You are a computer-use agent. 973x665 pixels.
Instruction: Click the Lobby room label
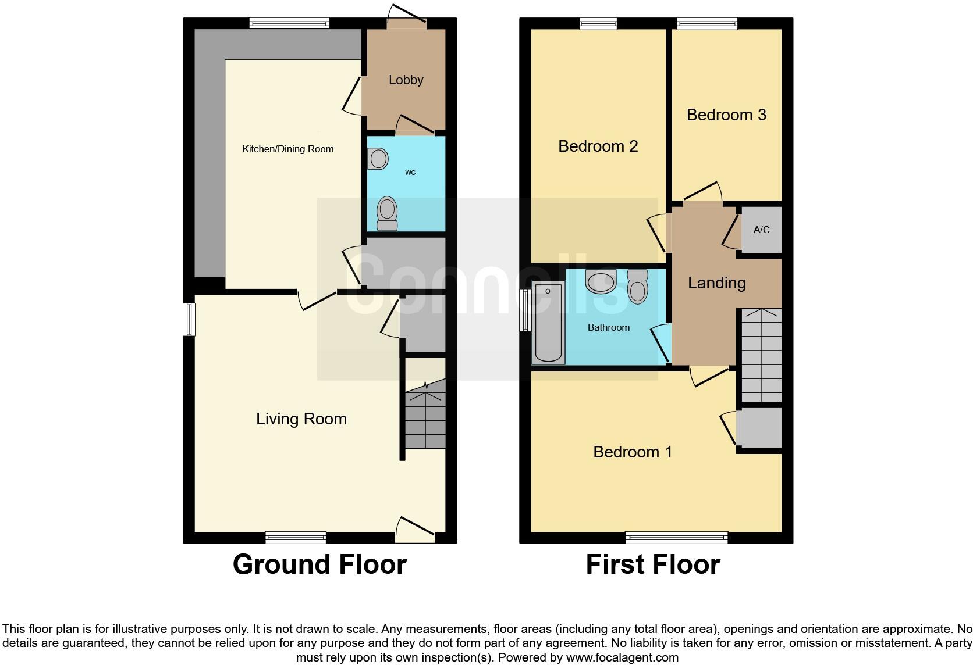[406, 80]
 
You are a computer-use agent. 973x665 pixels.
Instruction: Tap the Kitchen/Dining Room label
[288, 149]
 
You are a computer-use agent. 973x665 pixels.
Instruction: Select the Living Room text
[301, 419]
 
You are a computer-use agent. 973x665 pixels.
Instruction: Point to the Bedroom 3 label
[726, 115]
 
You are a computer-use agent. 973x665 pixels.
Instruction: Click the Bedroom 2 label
[598, 146]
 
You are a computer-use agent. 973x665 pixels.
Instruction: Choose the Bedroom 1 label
[633, 452]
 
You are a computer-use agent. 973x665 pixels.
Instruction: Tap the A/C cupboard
[761, 230]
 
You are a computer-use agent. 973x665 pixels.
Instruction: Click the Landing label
[717, 283]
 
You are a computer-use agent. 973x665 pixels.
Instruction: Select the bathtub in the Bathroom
[548, 322]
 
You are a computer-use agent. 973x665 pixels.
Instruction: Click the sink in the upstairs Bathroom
[601, 281]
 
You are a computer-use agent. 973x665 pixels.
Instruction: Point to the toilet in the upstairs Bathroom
[638, 287]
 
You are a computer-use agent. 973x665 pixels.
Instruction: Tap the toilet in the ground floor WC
[387, 213]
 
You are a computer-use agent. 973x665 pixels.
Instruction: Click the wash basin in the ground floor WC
[378, 159]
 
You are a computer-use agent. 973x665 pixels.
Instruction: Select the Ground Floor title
[319, 564]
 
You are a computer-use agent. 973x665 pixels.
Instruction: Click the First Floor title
[653, 564]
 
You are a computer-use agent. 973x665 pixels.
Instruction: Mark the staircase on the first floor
[761, 355]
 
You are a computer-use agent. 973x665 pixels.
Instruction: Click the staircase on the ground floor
[425, 414]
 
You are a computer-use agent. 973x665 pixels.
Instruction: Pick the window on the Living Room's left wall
[189, 319]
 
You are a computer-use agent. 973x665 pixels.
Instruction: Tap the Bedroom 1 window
[676, 538]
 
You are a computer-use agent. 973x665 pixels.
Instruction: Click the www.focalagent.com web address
[622, 657]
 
